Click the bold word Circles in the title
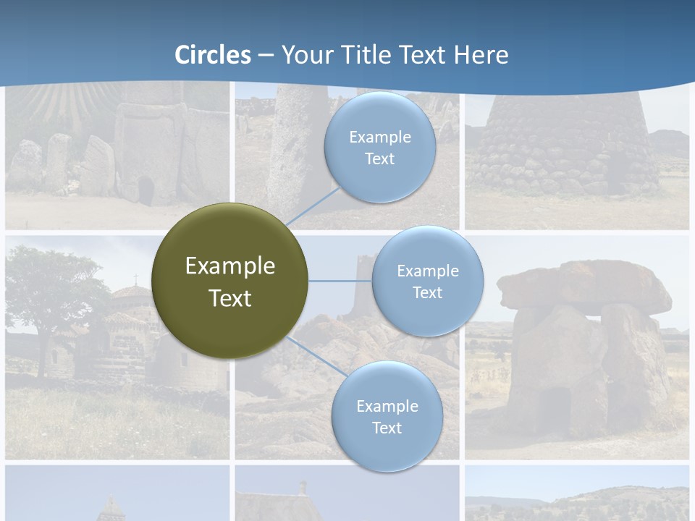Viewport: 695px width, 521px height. point(213,55)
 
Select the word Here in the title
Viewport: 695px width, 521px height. point(481,55)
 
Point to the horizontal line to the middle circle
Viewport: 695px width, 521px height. point(340,281)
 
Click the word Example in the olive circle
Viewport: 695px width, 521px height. point(229,266)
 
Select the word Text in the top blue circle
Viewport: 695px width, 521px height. point(379,159)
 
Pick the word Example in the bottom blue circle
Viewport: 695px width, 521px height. point(387,406)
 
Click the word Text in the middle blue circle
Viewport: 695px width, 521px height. point(427,293)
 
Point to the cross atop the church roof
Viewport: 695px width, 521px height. point(135,279)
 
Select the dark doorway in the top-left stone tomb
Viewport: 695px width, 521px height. point(146,191)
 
